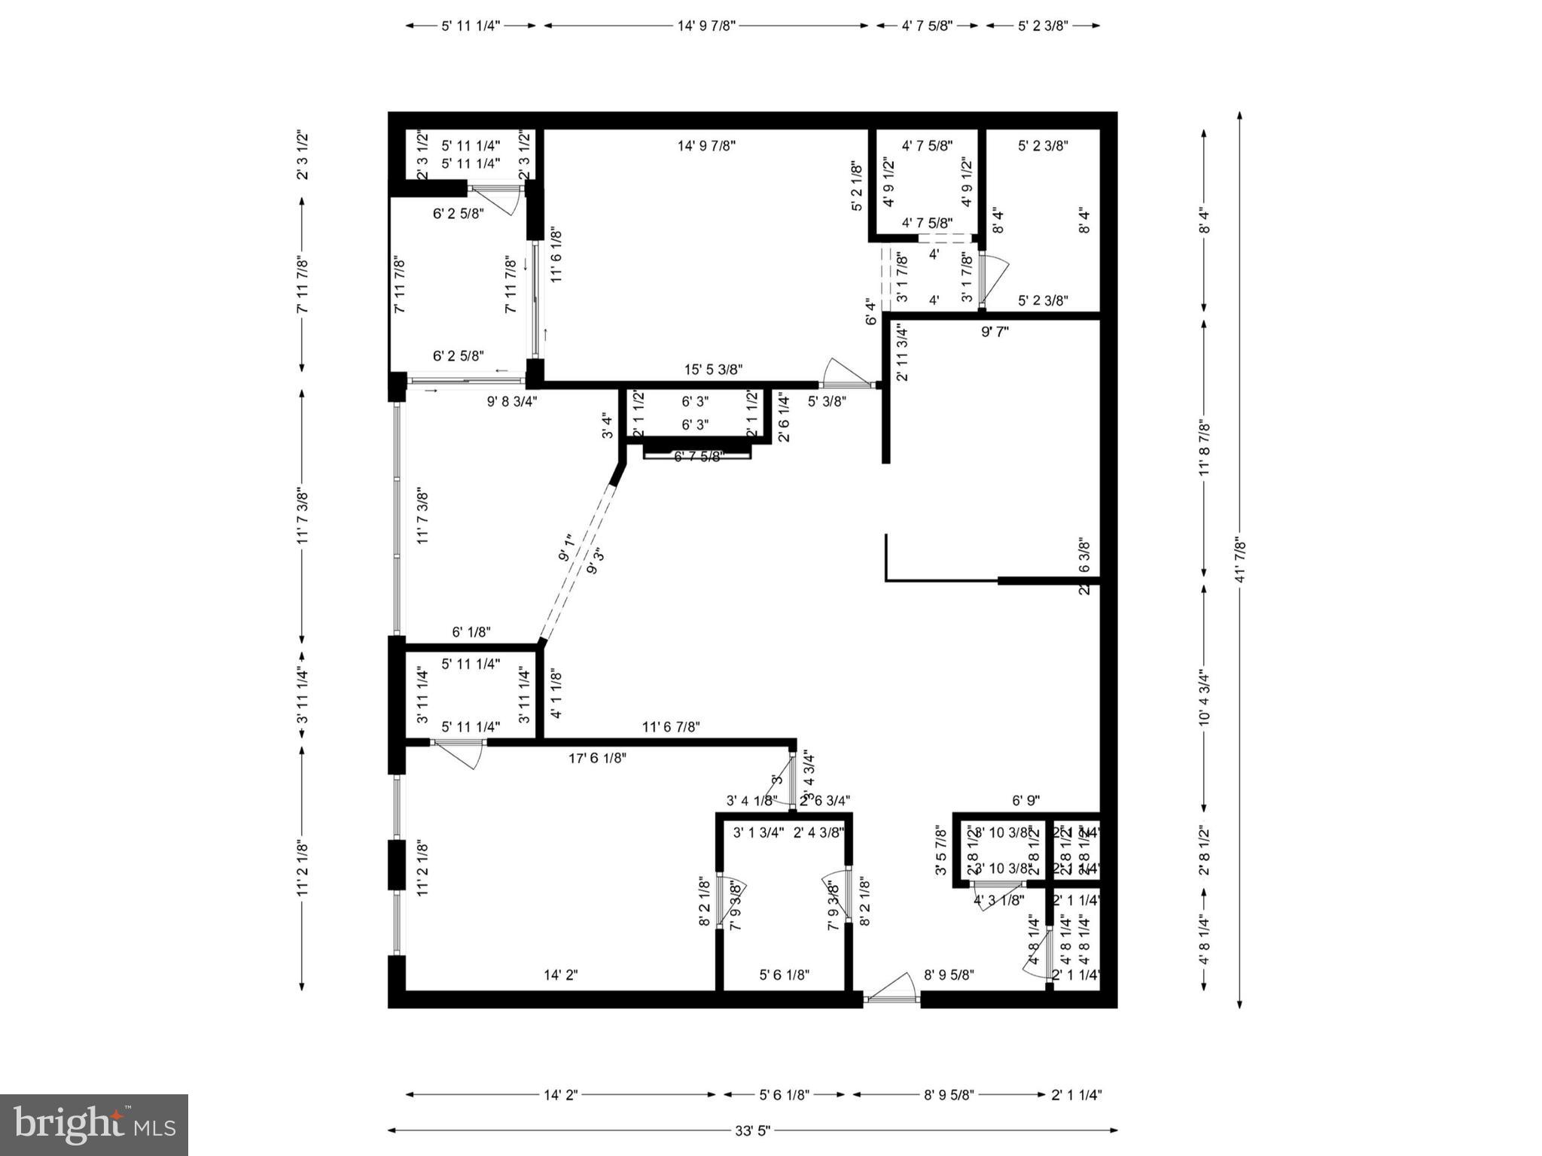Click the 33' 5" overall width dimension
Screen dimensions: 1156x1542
[752, 1130]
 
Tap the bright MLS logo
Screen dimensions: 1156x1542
[94, 1124]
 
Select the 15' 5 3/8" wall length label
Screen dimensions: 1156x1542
[713, 370]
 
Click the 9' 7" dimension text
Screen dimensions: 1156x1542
[995, 332]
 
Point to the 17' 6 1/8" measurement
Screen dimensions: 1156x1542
[597, 758]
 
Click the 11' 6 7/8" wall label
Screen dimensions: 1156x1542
[671, 727]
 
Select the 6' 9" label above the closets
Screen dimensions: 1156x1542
[1025, 801]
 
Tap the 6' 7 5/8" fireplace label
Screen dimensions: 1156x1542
[698, 457]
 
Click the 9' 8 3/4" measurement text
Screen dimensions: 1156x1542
[512, 401]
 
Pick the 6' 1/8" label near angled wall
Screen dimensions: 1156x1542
[471, 632]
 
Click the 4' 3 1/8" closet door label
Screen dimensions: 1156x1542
[999, 899]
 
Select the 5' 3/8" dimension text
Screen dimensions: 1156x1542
[827, 401]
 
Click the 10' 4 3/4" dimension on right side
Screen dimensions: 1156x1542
[1204, 697]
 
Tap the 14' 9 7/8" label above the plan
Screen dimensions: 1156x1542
[706, 26]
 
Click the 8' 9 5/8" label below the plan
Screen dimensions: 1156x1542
[949, 1094]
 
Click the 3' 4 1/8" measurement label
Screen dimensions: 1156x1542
[751, 801]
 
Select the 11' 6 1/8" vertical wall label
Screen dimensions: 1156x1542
[556, 254]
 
